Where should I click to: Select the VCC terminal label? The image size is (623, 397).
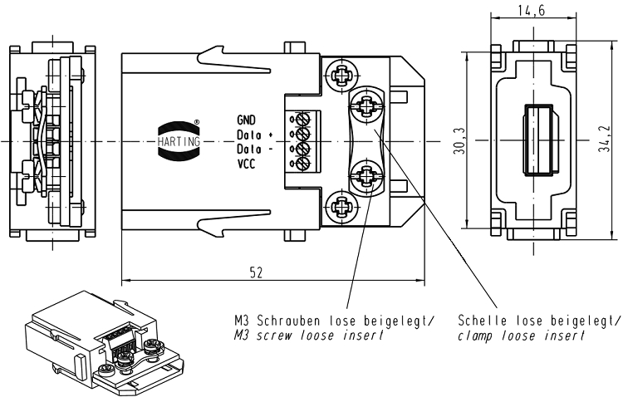248,164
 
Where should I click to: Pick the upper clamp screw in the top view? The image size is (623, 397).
366,105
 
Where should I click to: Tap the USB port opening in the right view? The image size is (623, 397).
536,140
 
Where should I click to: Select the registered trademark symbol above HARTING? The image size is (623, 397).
196,124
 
